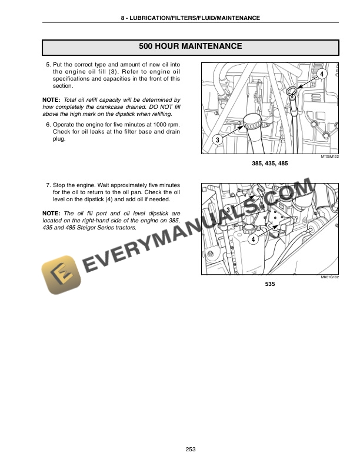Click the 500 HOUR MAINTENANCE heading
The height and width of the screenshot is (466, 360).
(189, 46)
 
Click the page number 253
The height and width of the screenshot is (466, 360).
(190, 450)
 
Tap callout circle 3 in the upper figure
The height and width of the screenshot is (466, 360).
(217, 140)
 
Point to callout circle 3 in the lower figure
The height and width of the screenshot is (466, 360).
(227, 210)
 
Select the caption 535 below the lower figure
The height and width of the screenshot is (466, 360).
(270, 284)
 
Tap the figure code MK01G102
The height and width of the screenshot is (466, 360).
(329, 275)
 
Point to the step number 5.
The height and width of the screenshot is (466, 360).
(48, 64)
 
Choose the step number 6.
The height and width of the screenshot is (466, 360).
(48, 125)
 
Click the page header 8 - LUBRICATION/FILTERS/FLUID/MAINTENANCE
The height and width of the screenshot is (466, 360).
(189, 18)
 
